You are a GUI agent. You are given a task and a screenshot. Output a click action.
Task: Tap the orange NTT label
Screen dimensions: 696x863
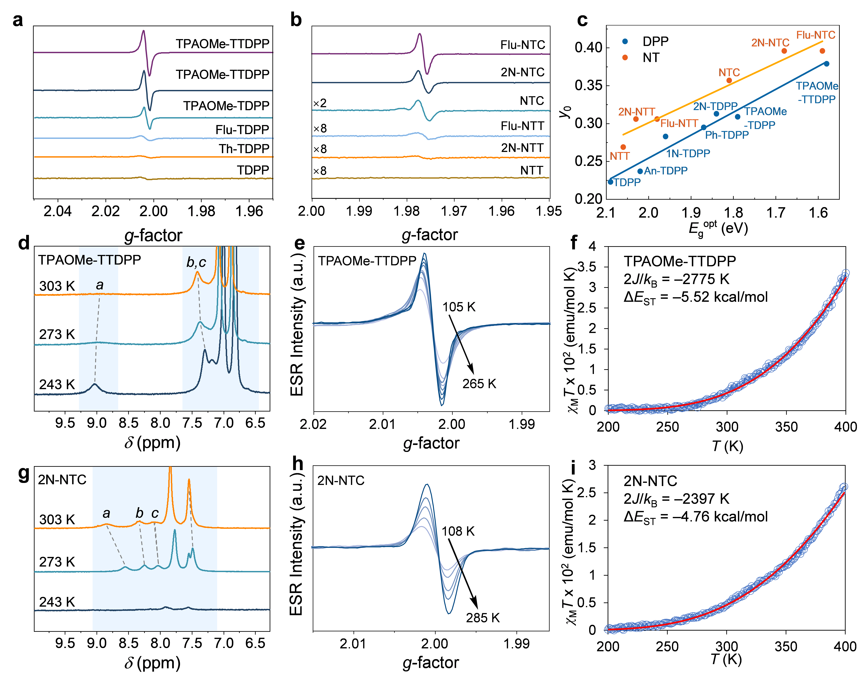point(620,156)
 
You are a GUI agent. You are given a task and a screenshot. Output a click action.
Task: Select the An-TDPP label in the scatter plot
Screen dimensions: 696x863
point(666,171)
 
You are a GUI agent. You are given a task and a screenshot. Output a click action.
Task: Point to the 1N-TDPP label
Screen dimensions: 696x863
point(688,154)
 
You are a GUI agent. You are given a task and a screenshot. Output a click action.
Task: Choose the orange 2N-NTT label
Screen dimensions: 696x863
point(636,112)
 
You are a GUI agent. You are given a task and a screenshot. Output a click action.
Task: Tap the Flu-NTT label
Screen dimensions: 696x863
point(679,123)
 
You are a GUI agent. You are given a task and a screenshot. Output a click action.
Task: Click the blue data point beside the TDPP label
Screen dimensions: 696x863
point(610,182)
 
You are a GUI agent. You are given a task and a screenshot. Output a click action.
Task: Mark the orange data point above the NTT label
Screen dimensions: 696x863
point(623,147)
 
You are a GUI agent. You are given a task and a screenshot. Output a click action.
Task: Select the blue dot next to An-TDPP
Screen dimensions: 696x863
point(640,171)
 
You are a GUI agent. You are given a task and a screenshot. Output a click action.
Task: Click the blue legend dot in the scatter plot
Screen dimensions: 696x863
point(625,41)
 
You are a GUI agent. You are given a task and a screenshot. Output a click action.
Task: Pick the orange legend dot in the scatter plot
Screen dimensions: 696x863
point(625,57)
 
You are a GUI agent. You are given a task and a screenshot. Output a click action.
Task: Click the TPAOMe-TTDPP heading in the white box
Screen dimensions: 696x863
point(680,261)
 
